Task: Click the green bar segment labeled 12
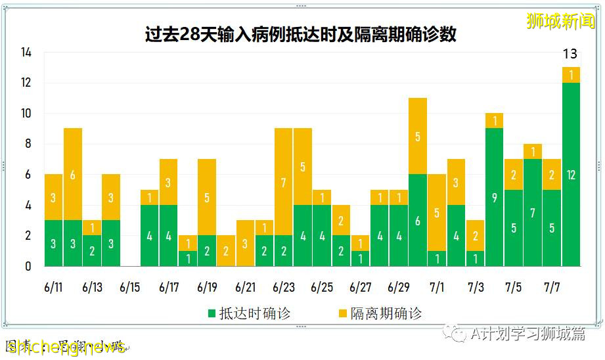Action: coord(571,174)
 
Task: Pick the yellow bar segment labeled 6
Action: coord(73,174)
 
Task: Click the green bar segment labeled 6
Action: coord(418,220)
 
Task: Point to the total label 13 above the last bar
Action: coord(571,54)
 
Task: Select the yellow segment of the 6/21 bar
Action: coord(245,243)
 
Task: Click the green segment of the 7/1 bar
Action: coord(437,258)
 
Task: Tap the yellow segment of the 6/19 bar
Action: coord(207,197)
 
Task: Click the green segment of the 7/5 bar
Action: coord(514,228)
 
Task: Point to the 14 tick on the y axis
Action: coord(26,53)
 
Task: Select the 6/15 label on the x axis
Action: coord(130,287)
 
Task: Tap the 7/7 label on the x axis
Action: coord(552,287)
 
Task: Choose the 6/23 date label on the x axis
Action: coord(284,287)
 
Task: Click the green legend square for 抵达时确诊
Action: coord(212,313)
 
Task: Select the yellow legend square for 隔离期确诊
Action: coord(343,313)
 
